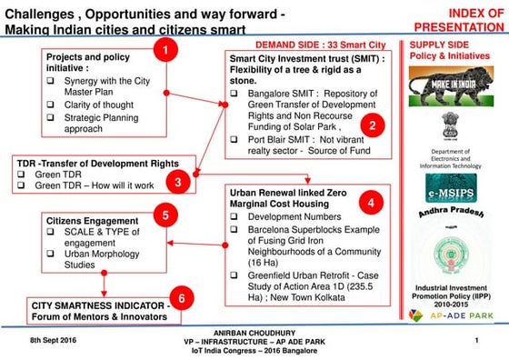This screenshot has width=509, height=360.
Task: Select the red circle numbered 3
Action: point(179,181)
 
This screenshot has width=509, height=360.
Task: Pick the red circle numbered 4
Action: point(374,201)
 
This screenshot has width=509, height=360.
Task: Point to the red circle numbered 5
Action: point(165,215)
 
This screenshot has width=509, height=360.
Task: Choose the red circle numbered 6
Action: point(182,298)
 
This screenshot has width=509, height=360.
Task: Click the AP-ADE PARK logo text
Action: point(461,315)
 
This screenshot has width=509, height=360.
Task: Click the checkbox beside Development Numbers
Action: point(234,219)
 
